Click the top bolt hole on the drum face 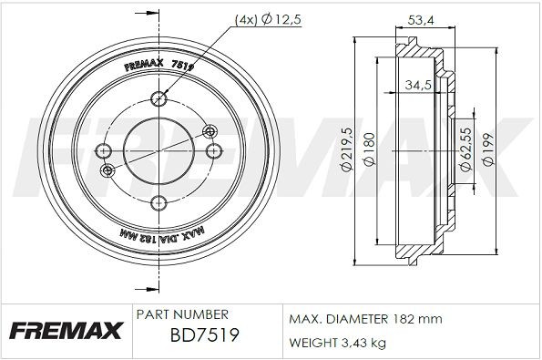[x=160, y=98]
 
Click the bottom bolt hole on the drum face [x=160, y=202]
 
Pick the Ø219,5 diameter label [x=346, y=151]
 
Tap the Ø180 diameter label [x=369, y=151]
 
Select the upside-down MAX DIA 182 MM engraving [x=160, y=235]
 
